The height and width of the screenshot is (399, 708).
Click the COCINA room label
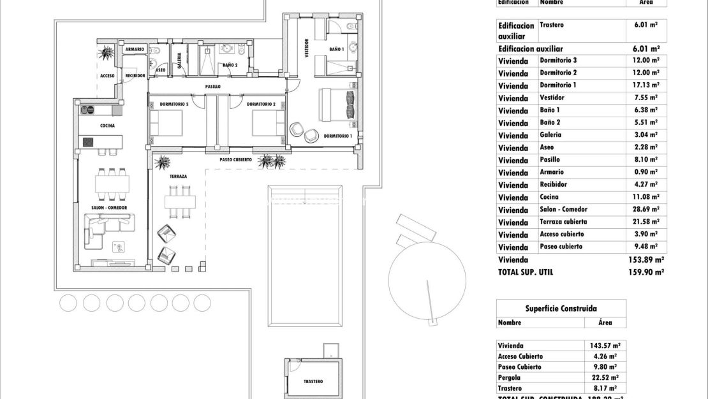click(107, 126)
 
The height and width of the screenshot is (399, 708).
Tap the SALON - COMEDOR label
click(109, 208)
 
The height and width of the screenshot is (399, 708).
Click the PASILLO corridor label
click(213, 86)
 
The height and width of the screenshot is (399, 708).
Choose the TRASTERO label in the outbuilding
click(313, 382)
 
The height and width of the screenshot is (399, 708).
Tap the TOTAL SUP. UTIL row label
click(526, 272)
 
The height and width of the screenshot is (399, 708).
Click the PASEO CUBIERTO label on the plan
click(235, 160)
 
